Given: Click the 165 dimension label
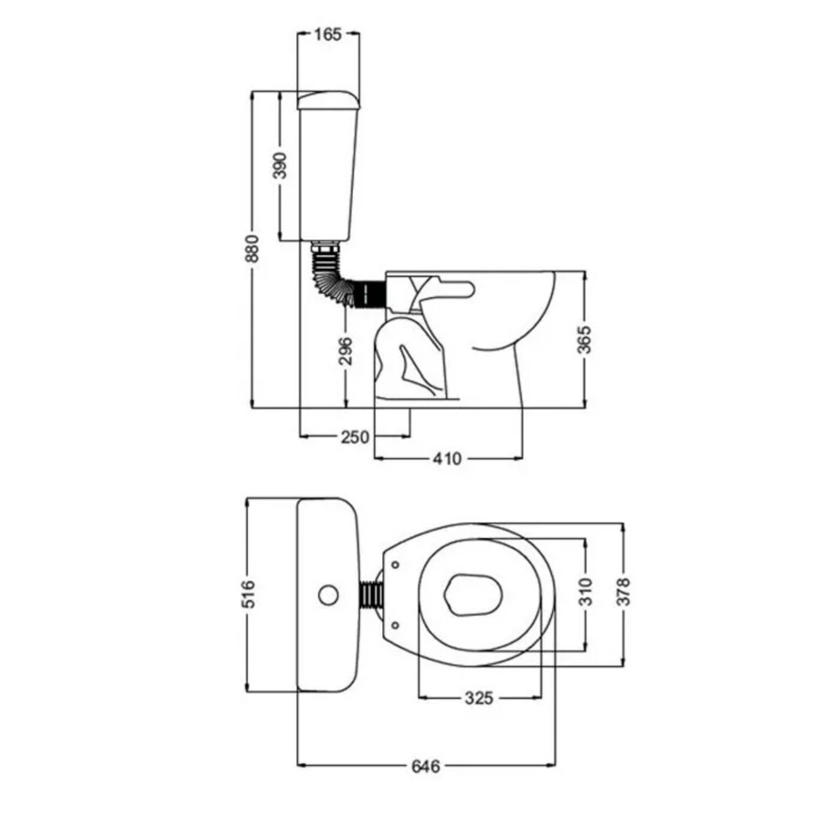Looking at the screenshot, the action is click(328, 34).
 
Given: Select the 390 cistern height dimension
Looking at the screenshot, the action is click(280, 166).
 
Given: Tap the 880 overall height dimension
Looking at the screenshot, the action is click(253, 249).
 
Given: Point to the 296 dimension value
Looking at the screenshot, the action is click(345, 351).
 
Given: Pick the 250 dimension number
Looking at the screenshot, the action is click(356, 437).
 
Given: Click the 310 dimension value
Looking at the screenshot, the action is click(587, 591).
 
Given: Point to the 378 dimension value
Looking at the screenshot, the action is click(624, 591).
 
